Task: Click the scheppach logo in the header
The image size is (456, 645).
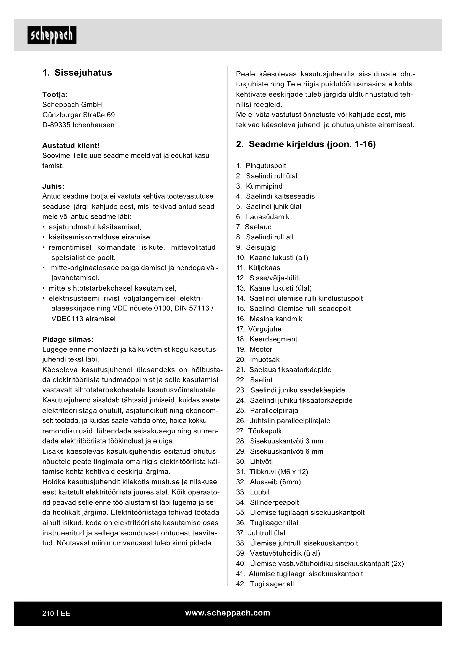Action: (x=52, y=35)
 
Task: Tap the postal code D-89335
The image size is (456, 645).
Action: (x=56, y=125)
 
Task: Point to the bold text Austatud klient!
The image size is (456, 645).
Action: (x=71, y=146)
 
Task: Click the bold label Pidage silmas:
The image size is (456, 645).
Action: (x=68, y=339)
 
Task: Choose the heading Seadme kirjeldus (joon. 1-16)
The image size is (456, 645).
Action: (x=306, y=144)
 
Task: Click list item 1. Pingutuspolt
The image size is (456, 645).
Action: (x=261, y=166)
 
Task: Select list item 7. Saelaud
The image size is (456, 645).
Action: (x=254, y=227)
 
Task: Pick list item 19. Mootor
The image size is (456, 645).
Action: (x=254, y=349)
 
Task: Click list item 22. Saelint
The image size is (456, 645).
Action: (x=254, y=380)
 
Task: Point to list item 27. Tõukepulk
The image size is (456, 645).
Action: (x=259, y=431)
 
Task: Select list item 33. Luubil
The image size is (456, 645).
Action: (x=253, y=492)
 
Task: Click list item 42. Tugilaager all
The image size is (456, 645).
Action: (x=265, y=584)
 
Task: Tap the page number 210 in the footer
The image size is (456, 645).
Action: (x=48, y=614)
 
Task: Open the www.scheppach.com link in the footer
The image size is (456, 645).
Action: (x=227, y=613)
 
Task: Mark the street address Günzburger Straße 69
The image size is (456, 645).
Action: (x=78, y=115)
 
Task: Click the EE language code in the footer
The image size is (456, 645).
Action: (x=65, y=614)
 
